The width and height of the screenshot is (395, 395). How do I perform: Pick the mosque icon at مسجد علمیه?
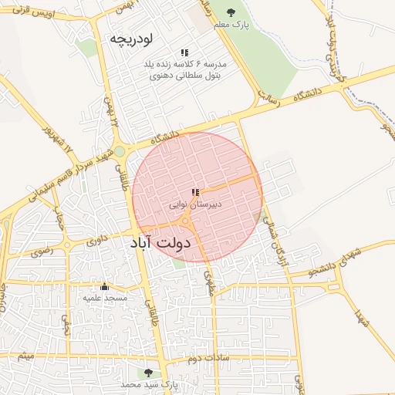pos(105,286)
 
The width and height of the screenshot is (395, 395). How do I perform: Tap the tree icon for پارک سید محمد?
pos(149,373)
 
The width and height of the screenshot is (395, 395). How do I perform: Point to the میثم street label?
pos(27,357)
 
